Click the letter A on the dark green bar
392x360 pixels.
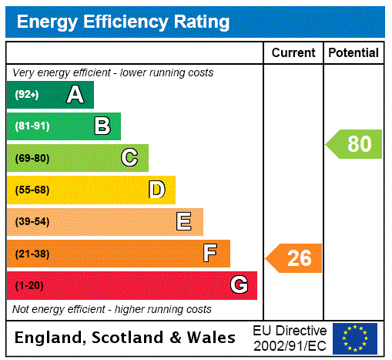pos(75,95)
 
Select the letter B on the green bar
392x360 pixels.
pos(102,126)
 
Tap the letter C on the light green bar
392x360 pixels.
pos(129,158)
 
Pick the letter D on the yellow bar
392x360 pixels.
pos(156,190)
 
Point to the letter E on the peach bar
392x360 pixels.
pos(184,222)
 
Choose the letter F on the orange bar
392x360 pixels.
pos(210,254)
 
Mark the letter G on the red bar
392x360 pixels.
pos(239,285)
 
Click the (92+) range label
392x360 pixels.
pos(26,95)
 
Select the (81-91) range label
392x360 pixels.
pos(32,126)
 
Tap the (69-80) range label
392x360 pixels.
pos(32,158)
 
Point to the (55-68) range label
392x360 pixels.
pos(32,190)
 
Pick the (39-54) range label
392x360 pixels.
pos(32,222)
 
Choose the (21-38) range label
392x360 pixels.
pos(32,254)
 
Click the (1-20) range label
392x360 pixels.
pos(29,285)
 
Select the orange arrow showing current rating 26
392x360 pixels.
pos(294,258)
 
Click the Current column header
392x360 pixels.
pos(293,52)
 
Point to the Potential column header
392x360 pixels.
pos(353,52)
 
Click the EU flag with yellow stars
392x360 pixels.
pos(355,338)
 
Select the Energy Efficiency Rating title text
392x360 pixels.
pos(123,22)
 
